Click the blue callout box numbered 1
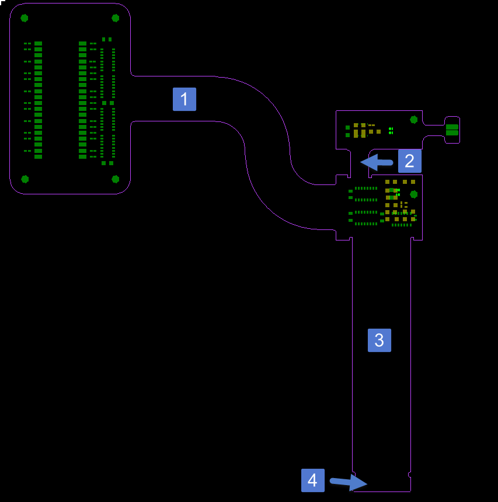184,99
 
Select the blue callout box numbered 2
410,161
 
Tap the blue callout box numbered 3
379,340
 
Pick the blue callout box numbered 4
313,480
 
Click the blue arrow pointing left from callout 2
377,162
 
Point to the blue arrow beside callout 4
349,482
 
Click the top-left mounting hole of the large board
25,18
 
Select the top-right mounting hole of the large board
116,18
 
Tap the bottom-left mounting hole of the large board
25,179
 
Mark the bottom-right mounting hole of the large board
116,179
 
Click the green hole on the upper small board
414,120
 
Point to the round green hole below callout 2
414,194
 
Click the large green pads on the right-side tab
452,130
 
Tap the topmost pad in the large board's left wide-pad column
38,44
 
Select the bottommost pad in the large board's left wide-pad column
38,157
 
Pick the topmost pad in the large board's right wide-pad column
83,44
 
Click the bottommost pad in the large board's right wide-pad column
83,157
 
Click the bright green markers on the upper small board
391,131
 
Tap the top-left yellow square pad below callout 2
387,182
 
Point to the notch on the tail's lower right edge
410,474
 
